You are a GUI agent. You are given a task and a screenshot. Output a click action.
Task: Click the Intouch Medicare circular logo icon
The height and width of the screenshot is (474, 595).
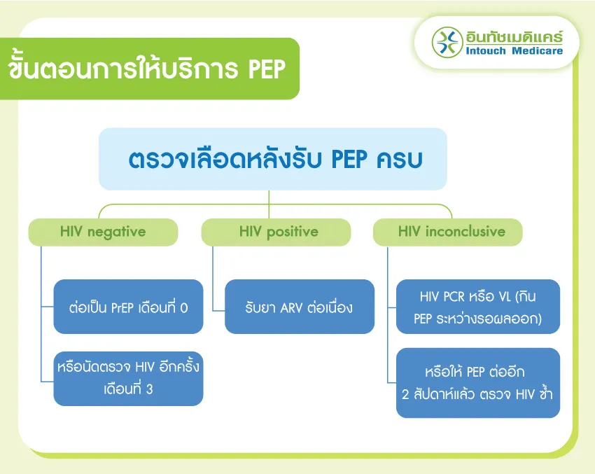[447, 42]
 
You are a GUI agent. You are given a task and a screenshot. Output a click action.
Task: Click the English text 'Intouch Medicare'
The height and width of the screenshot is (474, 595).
[514, 51]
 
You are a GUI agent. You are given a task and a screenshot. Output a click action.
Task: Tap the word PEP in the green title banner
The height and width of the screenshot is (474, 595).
[267, 69]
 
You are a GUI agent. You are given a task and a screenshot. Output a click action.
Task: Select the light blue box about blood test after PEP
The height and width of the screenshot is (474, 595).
[272, 159]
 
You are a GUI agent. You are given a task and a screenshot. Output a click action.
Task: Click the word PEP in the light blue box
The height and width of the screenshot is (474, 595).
[349, 159]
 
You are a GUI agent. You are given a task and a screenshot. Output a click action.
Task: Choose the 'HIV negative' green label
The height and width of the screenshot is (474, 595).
[103, 232]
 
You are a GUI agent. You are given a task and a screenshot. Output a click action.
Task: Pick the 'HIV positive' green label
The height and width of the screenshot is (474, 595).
[276, 232]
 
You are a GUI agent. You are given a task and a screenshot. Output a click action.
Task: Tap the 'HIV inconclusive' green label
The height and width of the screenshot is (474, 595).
[448, 232]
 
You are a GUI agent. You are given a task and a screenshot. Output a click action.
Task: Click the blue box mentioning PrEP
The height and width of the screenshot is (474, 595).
[128, 307]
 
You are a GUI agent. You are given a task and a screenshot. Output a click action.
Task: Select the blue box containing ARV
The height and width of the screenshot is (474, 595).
[300, 307]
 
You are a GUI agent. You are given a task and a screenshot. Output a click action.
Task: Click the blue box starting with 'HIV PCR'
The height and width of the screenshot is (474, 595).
[477, 307]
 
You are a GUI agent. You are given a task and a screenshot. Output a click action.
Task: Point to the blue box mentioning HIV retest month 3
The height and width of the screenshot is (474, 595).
[128, 378]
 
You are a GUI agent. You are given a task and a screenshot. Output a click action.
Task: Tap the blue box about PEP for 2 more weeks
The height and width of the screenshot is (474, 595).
[477, 383]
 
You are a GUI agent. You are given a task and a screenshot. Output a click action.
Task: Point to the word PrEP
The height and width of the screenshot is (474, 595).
[122, 308]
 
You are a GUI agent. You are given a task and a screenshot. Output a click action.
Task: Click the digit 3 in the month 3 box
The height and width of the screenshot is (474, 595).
[150, 389]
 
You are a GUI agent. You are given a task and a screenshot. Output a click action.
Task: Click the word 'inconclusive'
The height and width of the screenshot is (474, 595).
[465, 232]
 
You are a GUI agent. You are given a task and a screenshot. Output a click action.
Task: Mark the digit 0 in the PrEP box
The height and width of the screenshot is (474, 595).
[184, 308]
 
